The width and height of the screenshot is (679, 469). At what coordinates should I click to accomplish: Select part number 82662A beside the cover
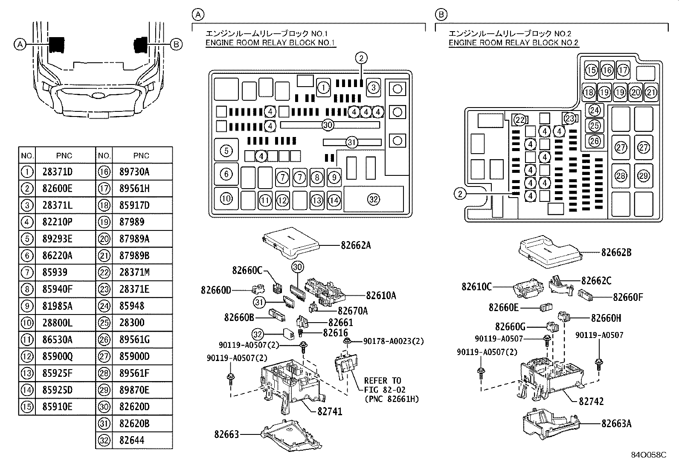(x=356, y=245)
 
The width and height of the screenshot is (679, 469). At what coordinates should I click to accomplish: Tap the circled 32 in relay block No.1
(x=373, y=199)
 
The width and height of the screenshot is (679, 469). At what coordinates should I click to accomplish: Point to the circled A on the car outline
(x=20, y=44)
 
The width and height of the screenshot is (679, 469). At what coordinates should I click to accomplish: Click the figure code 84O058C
(x=648, y=455)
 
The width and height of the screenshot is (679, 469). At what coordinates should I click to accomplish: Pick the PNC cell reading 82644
(x=132, y=440)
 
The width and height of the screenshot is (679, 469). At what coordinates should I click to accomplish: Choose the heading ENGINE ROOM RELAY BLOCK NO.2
(x=513, y=43)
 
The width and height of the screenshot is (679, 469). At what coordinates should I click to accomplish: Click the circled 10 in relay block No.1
(x=226, y=198)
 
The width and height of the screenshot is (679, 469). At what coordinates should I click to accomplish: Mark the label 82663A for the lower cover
(x=616, y=423)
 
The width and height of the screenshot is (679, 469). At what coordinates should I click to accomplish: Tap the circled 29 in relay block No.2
(x=644, y=175)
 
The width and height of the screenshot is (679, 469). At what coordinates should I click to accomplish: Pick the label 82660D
(x=216, y=290)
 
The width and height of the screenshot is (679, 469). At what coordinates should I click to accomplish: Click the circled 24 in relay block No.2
(x=594, y=111)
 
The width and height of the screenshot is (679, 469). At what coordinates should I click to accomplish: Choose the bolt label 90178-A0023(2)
(x=393, y=341)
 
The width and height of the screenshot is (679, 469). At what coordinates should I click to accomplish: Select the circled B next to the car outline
(x=176, y=44)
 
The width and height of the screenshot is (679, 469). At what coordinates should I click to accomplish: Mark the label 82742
(x=591, y=402)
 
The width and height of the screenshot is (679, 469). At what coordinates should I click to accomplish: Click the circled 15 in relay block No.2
(x=591, y=70)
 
